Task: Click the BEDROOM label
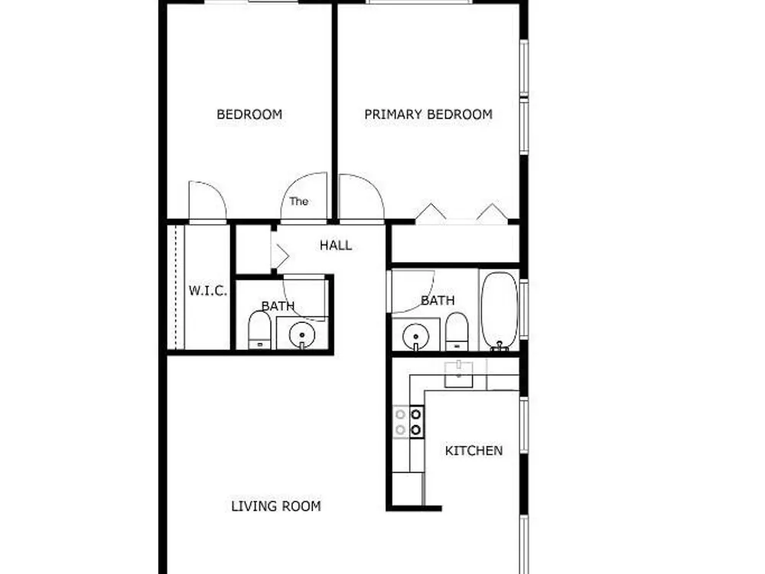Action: click(249, 114)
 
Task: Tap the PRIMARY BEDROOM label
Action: click(428, 114)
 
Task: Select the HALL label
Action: click(336, 245)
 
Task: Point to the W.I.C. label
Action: click(208, 291)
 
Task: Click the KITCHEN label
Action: click(474, 450)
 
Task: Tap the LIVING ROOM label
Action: click(276, 506)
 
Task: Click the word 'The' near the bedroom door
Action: click(298, 201)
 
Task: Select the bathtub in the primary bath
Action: click(499, 311)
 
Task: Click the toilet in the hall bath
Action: click(259, 331)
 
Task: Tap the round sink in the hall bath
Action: click(302, 335)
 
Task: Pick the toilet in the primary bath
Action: click(457, 331)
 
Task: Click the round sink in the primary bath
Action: click(415, 337)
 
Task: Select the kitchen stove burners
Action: click(409, 422)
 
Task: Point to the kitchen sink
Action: click(458, 374)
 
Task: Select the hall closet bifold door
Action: click(280, 256)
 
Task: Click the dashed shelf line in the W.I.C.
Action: click(175, 287)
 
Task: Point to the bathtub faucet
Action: click(499, 346)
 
